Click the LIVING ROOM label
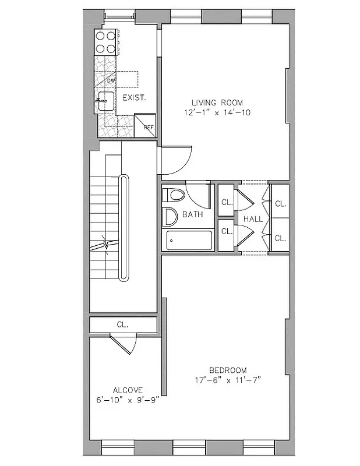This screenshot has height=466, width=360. tap(216, 103)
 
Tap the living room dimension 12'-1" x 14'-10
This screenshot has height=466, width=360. tap(216, 113)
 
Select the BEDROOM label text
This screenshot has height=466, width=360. tap(228, 370)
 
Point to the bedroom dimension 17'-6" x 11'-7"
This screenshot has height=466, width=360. tap(228, 380)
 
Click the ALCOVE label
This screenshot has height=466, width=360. tap(129, 390)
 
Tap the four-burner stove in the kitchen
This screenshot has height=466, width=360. tap(106, 42)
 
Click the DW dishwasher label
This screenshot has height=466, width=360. tap(111, 81)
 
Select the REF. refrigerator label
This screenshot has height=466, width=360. tap(148, 127)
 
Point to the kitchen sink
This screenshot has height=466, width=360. tap(104, 101)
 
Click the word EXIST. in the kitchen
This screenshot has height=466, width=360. tap(133, 97)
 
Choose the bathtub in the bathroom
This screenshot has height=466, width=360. tap(189, 241)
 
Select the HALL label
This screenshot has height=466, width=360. tap(253, 219)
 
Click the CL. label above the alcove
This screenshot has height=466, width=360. tap(122, 324)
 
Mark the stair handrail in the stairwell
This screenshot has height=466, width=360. tap(123, 227)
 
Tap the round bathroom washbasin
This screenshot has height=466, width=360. tap(170, 217)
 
